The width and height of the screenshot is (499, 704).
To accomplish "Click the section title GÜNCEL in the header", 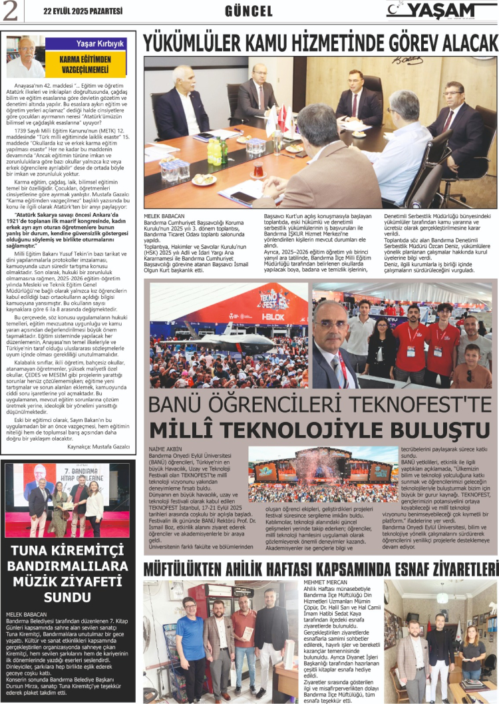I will pyautogui.click(x=249, y=11).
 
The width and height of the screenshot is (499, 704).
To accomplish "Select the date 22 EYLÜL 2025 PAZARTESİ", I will pyautogui.click(x=83, y=11).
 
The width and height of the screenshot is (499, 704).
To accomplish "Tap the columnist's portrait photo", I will pyautogui.click(x=25, y=57).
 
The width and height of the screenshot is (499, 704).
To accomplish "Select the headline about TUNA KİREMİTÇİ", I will pyautogui.click(x=68, y=573).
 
